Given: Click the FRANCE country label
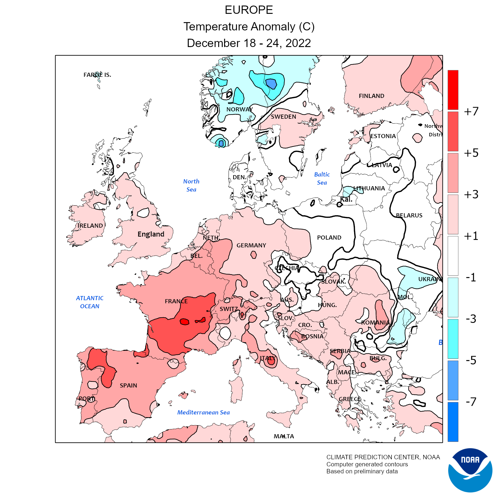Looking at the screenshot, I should tap(176, 301).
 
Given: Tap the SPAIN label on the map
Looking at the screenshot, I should tap(128, 385).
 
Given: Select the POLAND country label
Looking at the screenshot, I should tap(329, 238).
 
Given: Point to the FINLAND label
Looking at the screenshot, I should tap(371, 96).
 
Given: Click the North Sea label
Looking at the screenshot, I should tap(191, 185).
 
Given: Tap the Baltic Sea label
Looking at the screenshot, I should tap(322, 178).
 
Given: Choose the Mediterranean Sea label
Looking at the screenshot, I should tap(203, 413).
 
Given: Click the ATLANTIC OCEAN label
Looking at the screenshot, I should tap(90, 302).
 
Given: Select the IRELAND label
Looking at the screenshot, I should tap(90, 226).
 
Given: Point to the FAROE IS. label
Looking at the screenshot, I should tap(97, 75).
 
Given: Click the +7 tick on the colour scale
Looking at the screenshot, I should tap(471, 111).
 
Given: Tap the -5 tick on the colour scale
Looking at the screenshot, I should tap(471, 360).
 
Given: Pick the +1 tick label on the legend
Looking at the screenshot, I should tap(471, 236).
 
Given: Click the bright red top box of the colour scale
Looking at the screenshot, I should tap(453, 90).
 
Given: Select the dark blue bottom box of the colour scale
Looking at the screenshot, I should tap(453, 422).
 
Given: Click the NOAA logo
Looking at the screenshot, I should tap(470, 470).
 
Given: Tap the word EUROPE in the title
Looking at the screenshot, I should tap(249, 10).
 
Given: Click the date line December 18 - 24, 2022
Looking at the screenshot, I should tap(249, 43).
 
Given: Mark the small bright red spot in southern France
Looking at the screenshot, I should tap(184, 321).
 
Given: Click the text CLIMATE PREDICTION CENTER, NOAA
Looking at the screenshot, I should tap(383, 457).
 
